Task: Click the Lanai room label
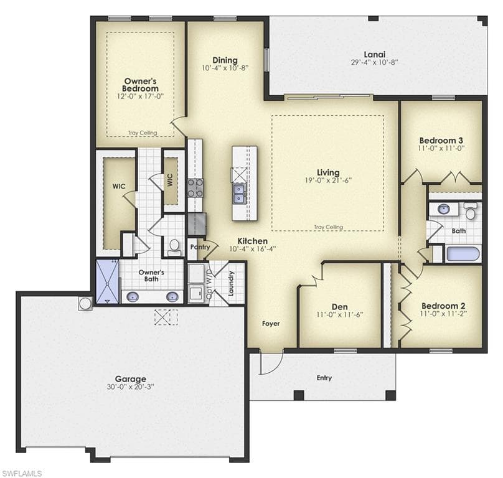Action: tap(374, 55)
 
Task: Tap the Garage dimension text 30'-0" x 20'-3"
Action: tap(131, 387)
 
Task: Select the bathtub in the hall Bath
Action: tap(463, 253)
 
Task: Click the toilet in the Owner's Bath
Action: tap(174, 247)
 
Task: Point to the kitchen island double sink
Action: tap(238, 194)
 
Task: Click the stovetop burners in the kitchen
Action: tap(195, 188)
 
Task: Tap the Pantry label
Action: tap(200, 246)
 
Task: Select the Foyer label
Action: tap(271, 324)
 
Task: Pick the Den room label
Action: tap(340, 307)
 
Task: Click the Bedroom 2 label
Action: tap(443, 306)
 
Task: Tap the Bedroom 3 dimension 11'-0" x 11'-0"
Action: tap(441, 148)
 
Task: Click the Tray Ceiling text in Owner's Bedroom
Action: tap(143, 133)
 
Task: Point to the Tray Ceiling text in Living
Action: tap(328, 227)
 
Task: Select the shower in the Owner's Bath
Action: tap(108, 282)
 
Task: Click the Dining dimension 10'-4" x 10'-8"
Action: tap(225, 68)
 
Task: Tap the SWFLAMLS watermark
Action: tap(22, 474)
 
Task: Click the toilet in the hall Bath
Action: tap(470, 211)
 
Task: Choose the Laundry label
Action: tap(231, 283)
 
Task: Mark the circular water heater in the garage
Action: tap(85, 304)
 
